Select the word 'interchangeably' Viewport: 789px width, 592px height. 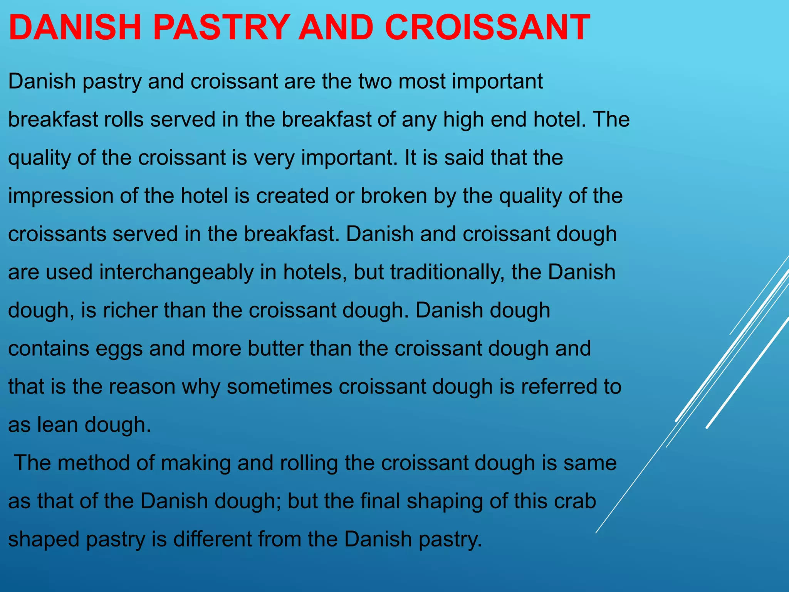176,272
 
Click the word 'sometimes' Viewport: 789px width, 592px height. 279,387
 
